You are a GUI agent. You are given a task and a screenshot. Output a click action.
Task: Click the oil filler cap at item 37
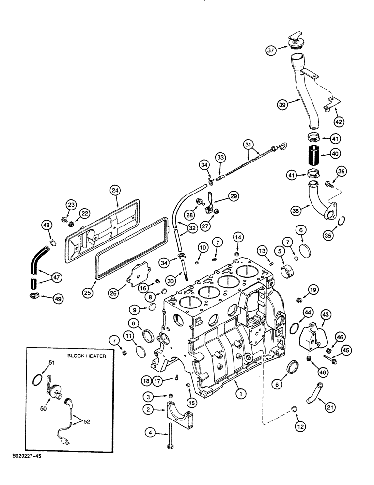point(296,42)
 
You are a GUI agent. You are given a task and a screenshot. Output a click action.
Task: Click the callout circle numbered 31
point(249,144)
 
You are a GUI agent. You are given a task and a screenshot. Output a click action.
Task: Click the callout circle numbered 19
point(313,291)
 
